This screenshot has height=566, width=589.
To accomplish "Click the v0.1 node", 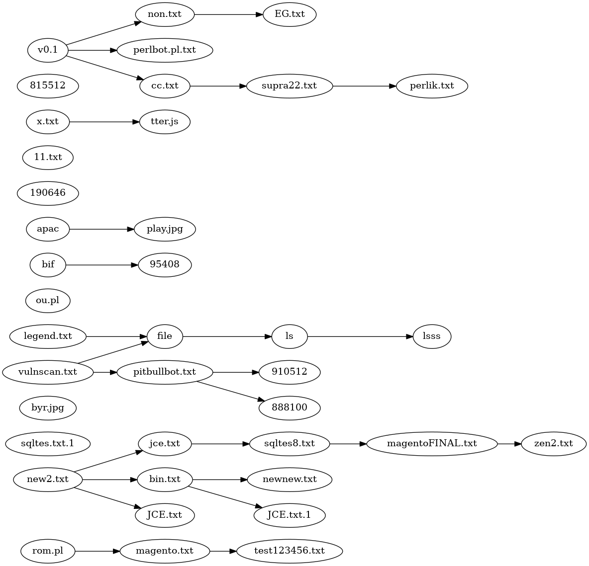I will click(x=48, y=50).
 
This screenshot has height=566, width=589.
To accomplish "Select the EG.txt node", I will click(x=290, y=14).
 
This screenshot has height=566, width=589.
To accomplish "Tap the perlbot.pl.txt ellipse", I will click(x=165, y=50).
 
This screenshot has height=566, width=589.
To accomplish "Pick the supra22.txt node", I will click(x=290, y=86).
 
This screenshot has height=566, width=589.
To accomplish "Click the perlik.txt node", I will click(x=432, y=86).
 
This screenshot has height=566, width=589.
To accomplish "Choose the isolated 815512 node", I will click(x=48, y=86).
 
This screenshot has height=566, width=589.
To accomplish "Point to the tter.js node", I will click(x=165, y=122).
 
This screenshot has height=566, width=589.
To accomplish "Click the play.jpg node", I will click(x=165, y=229).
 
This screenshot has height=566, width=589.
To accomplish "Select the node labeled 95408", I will click(x=165, y=265).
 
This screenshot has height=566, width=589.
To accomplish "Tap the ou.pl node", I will click(x=48, y=301).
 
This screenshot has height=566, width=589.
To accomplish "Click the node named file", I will click(x=165, y=336).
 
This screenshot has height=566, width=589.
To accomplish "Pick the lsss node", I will click(x=432, y=336).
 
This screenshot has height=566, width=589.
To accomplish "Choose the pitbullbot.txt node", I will click(x=165, y=372).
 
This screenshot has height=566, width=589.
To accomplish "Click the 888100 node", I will click(x=290, y=408).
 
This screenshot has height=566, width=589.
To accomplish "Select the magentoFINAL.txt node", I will click(x=432, y=443).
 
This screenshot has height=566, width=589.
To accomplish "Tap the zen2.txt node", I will click(x=554, y=443).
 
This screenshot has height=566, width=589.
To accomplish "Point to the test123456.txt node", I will click(x=290, y=551).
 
